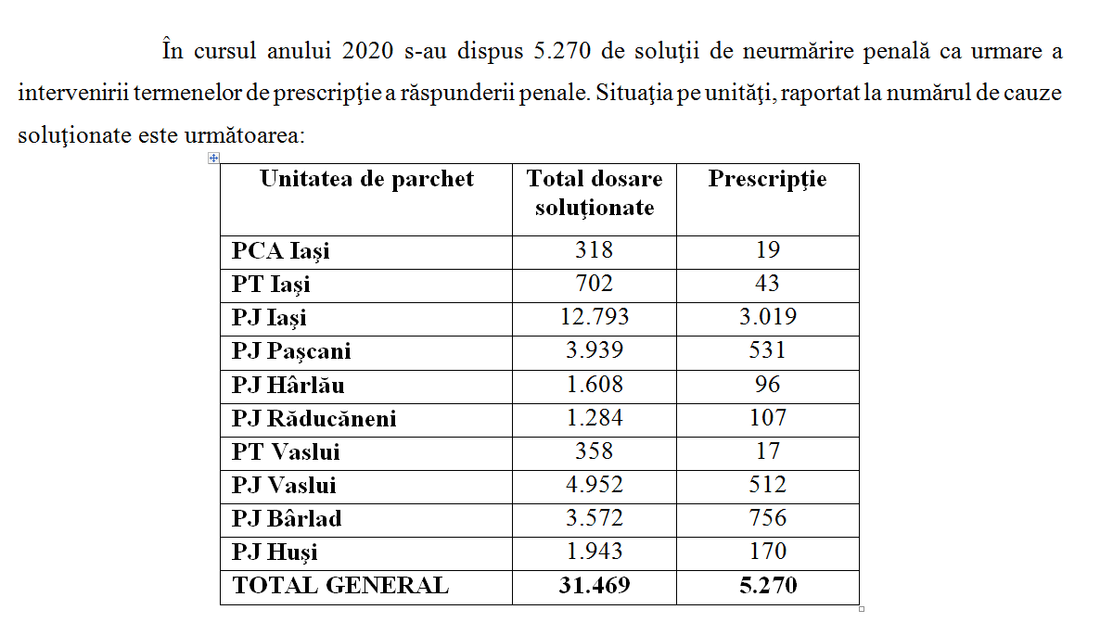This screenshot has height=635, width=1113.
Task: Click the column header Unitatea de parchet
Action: (366, 179)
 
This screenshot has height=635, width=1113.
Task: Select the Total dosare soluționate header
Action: (595, 193)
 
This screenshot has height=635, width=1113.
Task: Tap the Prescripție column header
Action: (767, 179)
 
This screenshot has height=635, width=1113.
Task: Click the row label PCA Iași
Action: (280, 250)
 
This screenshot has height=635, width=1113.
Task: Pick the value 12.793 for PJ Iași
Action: (595, 317)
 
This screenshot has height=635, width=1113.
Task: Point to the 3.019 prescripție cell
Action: (767, 317)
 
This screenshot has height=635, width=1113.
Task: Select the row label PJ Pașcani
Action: (291, 351)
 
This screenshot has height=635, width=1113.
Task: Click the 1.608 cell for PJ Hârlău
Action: (595, 385)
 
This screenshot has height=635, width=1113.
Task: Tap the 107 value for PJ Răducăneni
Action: (767, 418)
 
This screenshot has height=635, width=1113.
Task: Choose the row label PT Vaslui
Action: (286, 451)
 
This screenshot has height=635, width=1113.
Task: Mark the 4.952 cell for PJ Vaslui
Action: (595, 485)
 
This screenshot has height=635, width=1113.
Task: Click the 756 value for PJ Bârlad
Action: (767, 518)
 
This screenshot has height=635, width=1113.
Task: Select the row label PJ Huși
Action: (275, 552)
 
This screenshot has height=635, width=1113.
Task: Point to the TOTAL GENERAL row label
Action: (340, 586)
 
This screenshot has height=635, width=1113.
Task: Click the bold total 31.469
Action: (595, 586)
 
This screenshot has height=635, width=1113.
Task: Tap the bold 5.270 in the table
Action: (767, 586)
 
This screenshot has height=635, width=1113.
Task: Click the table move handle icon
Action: (213, 159)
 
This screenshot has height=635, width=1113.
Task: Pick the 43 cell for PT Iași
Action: (767, 284)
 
